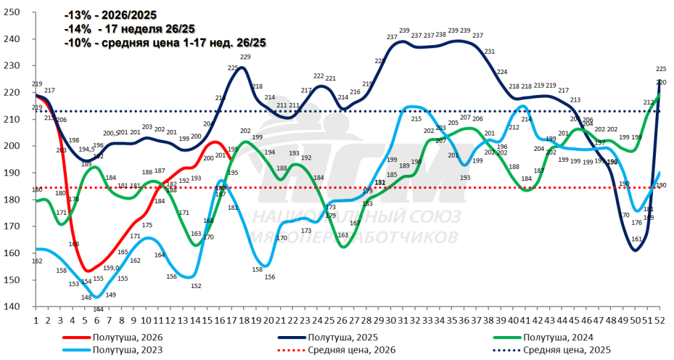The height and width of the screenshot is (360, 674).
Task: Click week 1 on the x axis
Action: (x=36, y=319)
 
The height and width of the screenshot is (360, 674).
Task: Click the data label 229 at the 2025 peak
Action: (x=245, y=57)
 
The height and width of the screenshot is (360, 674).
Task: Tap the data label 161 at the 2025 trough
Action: (x=637, y=239)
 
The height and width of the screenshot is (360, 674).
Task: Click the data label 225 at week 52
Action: (x=661, y=69)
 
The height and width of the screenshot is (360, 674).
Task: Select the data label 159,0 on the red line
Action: (x=111, y=268)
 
